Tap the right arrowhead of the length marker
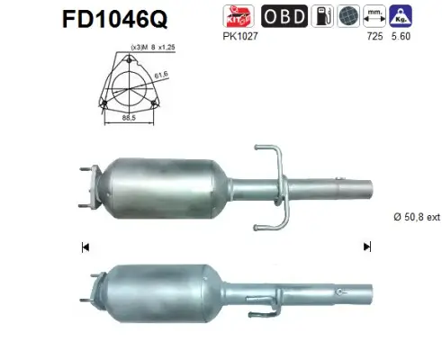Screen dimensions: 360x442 (x=365, y=246)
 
